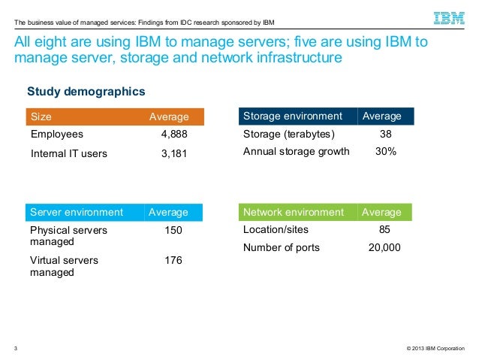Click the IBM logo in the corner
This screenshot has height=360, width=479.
point(448,17)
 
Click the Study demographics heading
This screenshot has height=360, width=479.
point(86,92)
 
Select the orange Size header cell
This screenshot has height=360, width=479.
point(41,116)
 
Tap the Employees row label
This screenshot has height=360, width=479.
point(57,135)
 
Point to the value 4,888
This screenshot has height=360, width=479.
point(174,135)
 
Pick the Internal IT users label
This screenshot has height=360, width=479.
point(69,154)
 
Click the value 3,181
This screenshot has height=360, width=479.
point(174,154)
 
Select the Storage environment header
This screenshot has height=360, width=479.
point(293,116)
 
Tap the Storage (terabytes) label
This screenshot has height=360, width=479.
point(289,135)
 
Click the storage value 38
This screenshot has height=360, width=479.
point(386,135)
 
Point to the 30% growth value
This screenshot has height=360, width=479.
point(386,151)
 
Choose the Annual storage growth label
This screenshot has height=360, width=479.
point(297,151)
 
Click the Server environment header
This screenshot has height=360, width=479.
point(77,213)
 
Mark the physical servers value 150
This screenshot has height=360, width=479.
point(173,230)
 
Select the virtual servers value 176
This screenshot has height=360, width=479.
point(173,260)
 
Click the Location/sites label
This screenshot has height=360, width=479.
point(276,230)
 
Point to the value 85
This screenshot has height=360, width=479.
point(385,230)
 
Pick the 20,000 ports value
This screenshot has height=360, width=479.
point(384,247)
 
